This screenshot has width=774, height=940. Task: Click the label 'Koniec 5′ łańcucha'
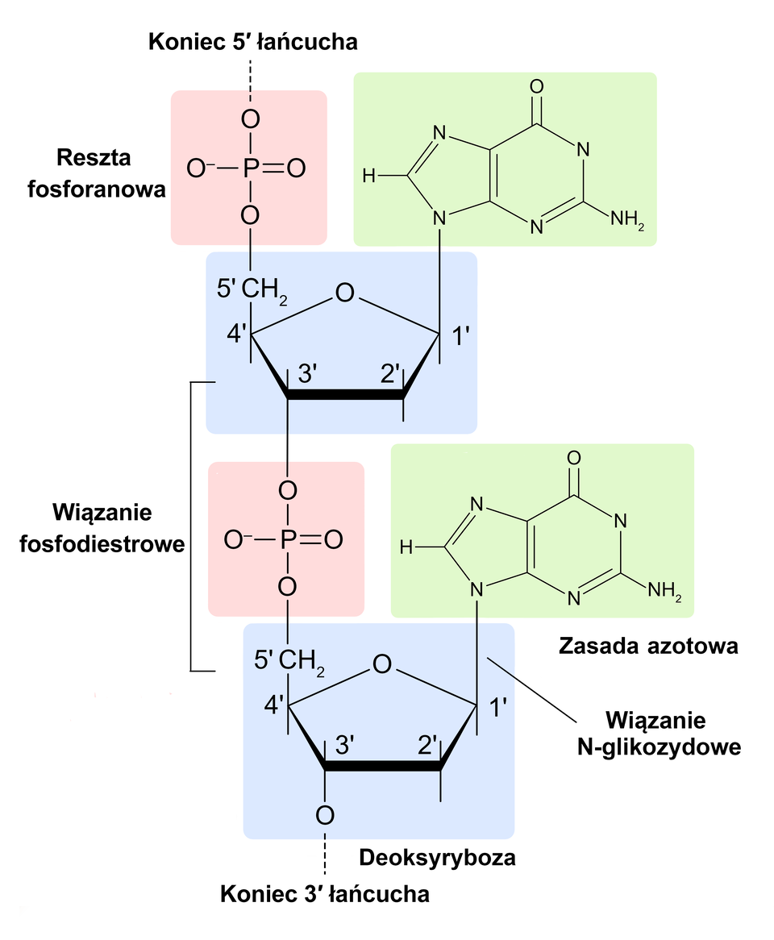click(x=252, y=41)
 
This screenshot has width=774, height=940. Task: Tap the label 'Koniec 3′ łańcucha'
click(x=325, y=894)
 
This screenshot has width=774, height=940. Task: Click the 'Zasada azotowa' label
click(x=647, y=646)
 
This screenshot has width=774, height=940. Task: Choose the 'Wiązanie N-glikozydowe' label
click(x=659, y=732)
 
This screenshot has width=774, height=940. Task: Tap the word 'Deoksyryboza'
click(x=436, y=857)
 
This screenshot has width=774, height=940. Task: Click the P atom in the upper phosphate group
click(x=251, y=168)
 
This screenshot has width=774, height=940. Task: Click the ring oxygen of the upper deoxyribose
click(x=345, y=293)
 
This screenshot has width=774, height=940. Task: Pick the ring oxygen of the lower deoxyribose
click(x=382, y=664)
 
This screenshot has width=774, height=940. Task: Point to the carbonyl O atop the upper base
click(x=537, y=86)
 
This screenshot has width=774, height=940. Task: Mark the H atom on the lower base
click(x=406, y=548)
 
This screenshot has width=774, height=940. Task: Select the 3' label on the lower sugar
click(x=344, y=746)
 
